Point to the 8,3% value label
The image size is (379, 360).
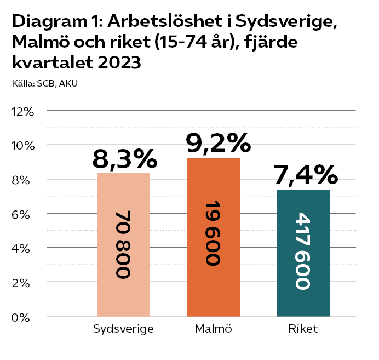click(125, 159)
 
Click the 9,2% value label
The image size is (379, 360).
click(218, 144)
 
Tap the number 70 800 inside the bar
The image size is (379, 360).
click(123, 244)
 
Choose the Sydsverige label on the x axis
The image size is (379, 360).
click(123, 329)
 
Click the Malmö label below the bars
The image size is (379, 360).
click(213, 329)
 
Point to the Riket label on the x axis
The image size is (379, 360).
click(303, 329)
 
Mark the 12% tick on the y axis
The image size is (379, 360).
click(22, 111)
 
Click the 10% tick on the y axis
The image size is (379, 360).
click(22, 146)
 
